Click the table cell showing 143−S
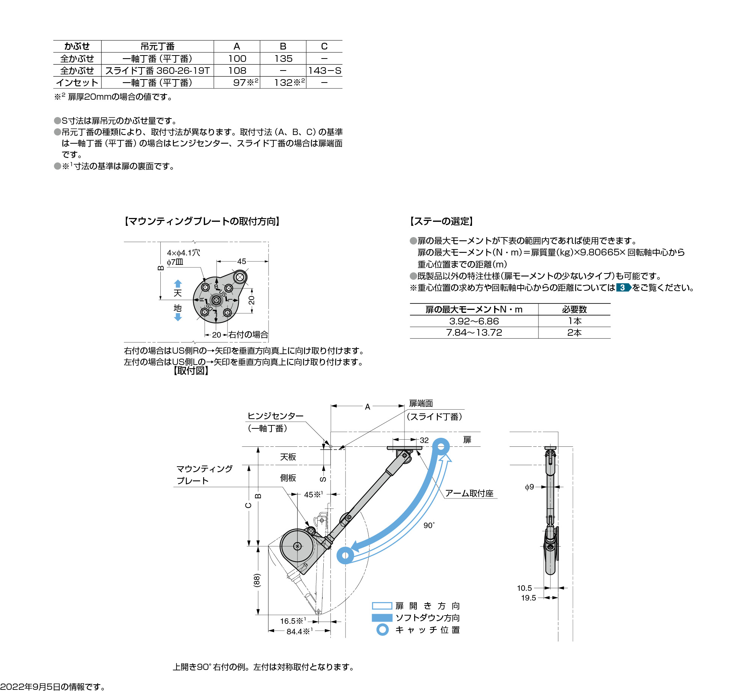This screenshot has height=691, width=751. [324, 71]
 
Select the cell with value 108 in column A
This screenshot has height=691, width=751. [237, 71]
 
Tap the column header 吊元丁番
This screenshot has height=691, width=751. [157, 47]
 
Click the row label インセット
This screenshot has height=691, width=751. [77, 83]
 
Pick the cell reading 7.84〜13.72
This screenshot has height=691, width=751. [474, 333]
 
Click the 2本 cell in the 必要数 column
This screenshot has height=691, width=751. [574, 333]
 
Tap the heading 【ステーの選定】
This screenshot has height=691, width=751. [442, 221]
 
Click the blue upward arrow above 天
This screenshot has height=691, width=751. [178, 284]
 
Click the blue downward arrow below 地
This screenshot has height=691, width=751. [178, 317]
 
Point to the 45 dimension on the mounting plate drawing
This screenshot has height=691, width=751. [241, 261]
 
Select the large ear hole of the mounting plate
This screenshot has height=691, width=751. [240, 278]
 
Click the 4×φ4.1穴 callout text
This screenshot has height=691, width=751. [184, 253]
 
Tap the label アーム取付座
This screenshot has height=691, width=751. [469, 493]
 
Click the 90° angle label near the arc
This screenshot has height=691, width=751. [429, 526]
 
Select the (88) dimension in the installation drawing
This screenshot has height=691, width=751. [257, 580]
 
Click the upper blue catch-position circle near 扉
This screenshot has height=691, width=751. [441, 447]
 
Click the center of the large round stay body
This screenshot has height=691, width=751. [297, 546]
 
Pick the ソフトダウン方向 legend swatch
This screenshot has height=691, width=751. [382, 618]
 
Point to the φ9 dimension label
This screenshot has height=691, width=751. [529, 487]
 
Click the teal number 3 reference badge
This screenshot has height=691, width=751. [623, 288]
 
